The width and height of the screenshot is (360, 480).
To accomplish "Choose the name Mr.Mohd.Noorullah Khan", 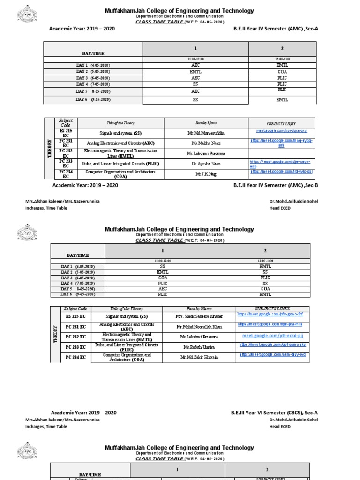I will click(x=199, y=326).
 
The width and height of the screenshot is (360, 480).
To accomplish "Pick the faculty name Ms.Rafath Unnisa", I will click(x=199, y=347).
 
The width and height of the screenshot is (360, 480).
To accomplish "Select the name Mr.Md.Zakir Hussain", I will click(x=199, y=357).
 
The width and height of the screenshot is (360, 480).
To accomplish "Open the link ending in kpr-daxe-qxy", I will click(x=282, y=131).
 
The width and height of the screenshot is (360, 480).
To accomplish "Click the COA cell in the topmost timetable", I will click(x=282, y=72).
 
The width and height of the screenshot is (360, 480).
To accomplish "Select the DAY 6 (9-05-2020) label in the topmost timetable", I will click(x=93, y=99).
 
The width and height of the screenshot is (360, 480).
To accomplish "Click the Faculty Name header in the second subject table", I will click(x=199, y=309).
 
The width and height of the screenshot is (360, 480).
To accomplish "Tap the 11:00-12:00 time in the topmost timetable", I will click(x=195, y=59).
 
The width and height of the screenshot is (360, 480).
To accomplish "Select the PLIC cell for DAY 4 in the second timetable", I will click(x=163, y=283).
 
